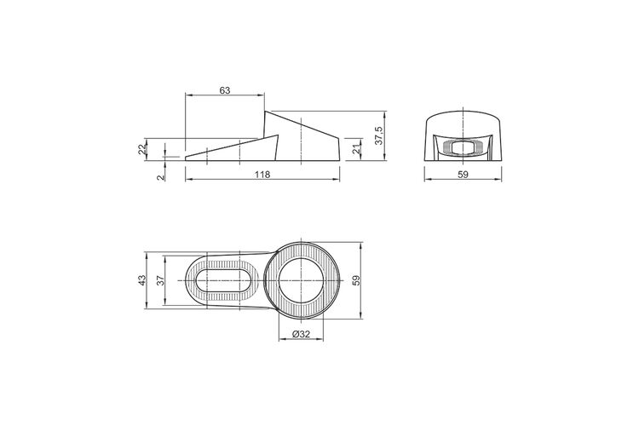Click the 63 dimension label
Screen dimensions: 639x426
[x=225, y=90]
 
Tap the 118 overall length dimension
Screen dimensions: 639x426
[x=262, y=175]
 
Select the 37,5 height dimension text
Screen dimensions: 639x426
[x=378, y=135]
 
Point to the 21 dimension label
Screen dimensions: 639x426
[x=357, y=149]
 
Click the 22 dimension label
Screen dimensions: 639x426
[x=141, y=149]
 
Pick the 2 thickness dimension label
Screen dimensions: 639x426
[x=160, y=177]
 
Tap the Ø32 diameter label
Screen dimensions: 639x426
[x=301, y=334]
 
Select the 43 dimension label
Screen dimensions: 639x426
[x=141, y=280]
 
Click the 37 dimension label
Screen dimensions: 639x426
[x=160, y=280]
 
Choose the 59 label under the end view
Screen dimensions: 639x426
[x=463, y=175]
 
